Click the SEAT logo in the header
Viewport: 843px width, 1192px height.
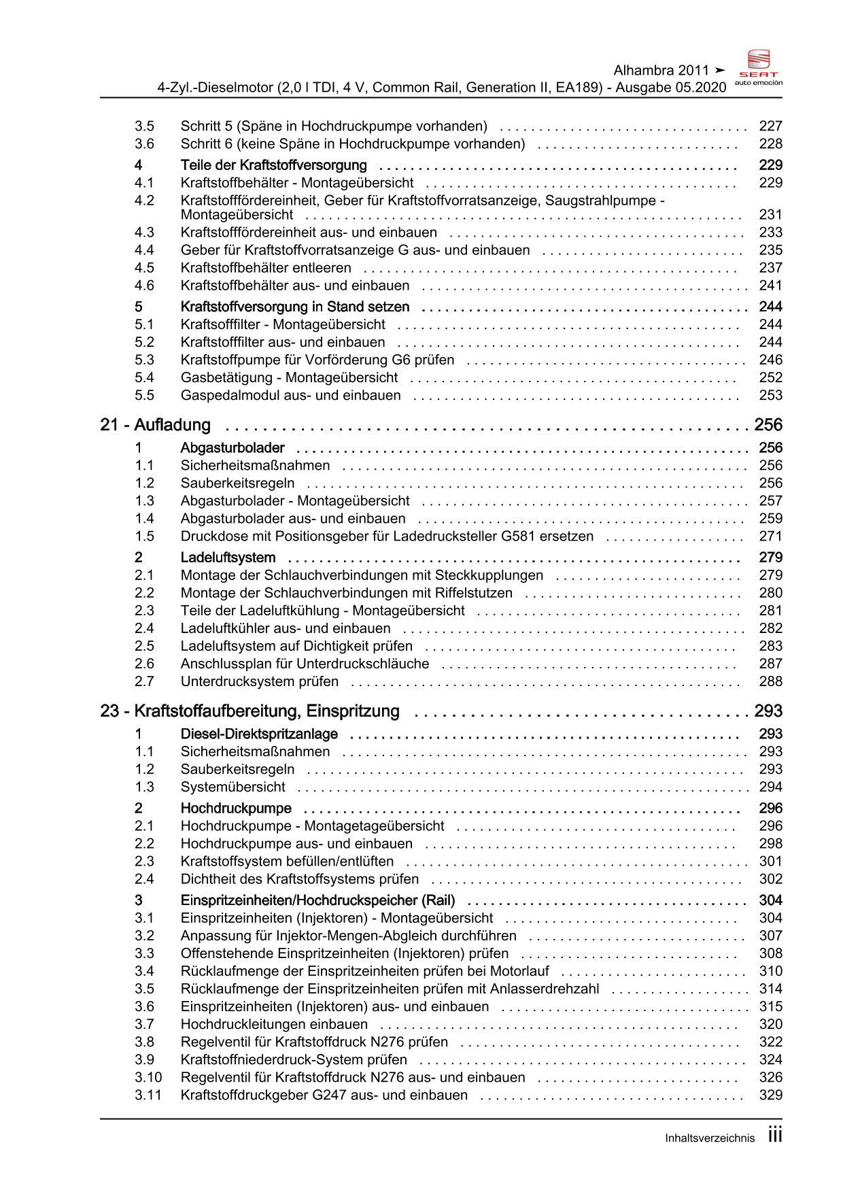759,67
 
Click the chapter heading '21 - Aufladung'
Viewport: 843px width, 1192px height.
155,425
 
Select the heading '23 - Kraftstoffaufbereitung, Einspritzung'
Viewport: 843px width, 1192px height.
250,711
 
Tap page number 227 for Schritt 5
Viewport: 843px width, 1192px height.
770,126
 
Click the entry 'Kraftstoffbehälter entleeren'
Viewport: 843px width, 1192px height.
266,268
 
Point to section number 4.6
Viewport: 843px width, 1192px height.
144,286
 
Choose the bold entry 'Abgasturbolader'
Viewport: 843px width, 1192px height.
233,448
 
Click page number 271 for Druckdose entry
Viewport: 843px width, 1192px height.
770,537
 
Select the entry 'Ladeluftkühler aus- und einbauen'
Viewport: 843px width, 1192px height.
286,628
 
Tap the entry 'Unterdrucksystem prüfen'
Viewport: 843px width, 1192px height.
259,681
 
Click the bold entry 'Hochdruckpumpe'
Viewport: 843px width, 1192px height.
236,808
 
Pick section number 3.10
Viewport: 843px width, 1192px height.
148,1077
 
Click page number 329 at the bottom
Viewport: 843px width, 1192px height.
770,1095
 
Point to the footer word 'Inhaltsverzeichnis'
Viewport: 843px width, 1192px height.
710,1138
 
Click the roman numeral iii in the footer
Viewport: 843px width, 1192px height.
774,1136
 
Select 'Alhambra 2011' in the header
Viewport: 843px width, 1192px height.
661,71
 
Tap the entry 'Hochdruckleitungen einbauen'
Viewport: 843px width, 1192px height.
274,1024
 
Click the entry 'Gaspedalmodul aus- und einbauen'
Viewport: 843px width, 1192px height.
290,396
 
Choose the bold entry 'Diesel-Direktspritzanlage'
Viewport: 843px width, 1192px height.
259,734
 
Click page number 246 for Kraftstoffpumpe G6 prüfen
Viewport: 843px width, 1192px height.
770,360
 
